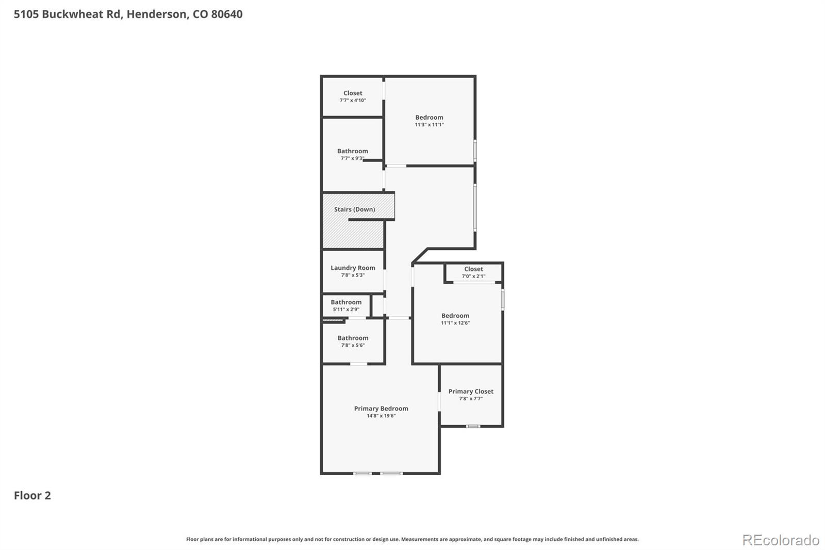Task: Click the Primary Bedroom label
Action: coord(381,408)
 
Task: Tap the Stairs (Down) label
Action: coord(354,209)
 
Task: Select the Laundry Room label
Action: coord(353,268)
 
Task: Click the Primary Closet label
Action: coord(471,391)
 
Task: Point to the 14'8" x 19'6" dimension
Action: coord(381,416)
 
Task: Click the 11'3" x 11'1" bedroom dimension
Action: coord(429,125)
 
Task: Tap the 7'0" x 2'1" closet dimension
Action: coord(473,277)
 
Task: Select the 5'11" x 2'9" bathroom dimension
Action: coord(346,310)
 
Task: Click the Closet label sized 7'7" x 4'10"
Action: coord(353,93)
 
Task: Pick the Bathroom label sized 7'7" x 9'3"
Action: coord(353,151)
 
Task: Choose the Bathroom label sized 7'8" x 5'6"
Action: coord(353,338)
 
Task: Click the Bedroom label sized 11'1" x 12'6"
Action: coord(455,315)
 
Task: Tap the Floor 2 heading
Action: coord(32,495)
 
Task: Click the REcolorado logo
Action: coord(781,540)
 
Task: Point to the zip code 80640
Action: coord(226,14)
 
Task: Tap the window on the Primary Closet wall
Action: coord(473,426)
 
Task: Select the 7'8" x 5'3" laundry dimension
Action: coord(353,276)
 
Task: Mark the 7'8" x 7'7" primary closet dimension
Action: coord(471,399)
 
